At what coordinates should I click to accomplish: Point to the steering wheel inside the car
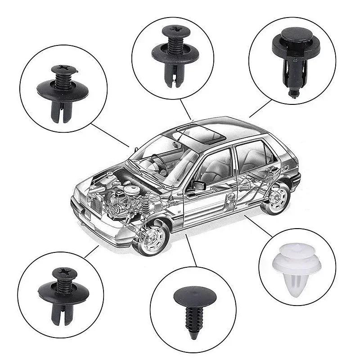click(x=160, y=165)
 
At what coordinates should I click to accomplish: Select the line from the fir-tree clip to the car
click(x=191, y=250)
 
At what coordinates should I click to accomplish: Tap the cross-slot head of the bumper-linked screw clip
click(x=61, y=273)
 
